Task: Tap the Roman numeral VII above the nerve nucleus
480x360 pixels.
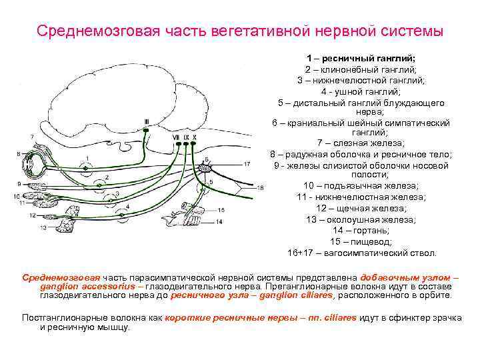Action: (x=176, y=137)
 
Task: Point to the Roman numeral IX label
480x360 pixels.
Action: (x=187, y=137)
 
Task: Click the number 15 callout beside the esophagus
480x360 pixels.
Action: (x=221, y=210)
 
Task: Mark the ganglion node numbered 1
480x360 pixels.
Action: (x=85, y=163)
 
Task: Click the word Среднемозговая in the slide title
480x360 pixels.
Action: (x=83, y=31)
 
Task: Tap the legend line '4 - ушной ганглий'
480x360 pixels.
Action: (x=361, y=91)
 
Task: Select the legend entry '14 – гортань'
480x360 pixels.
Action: (x=361, y=230)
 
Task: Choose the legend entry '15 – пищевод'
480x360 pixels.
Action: (x=361, y=241)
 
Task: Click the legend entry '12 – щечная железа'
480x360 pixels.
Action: (x=361, y=209)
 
